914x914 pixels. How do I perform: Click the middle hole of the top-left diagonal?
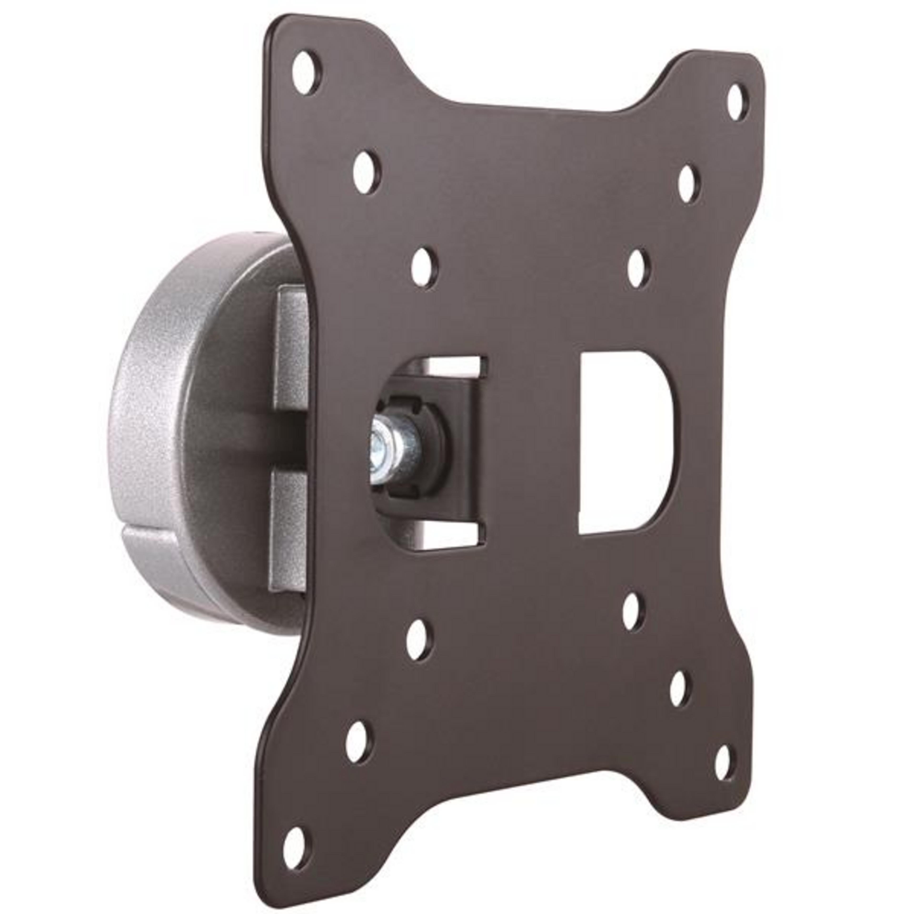click(x=367, y=179)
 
